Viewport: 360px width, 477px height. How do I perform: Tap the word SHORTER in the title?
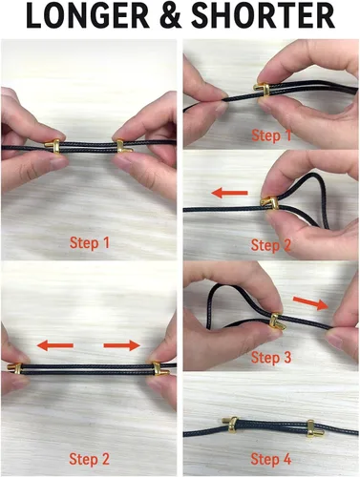pyautogui.click(x=264, y=16)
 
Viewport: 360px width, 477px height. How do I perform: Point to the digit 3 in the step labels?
pyautogui.click(x=287, y=358)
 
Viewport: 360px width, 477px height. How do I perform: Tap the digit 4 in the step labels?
pyautogui.click(x=287, y=459)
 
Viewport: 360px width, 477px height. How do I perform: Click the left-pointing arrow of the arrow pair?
pyautogui.click(x=55, y=345)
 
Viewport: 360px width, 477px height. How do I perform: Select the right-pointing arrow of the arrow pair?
pyautogui.click(x=122, y=345)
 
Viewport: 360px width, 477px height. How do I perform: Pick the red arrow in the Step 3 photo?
pyautogui.click(x=310, y=302)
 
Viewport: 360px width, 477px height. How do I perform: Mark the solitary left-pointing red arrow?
pyautogui.click(x=230, y=193)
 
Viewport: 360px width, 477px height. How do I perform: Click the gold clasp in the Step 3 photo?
pyautogui.click(x=276, y=321)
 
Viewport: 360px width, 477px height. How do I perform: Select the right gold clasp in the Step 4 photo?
pyautogui.click(x=312, y=428)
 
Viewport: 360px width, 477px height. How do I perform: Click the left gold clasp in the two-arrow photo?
pyautogui.click(x=15, y=368)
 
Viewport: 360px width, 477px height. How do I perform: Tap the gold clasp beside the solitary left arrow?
pyautogui.click(x=269, y=203)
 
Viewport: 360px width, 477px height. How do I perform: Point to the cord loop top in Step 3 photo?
pyautogui.click(x=219, y=285)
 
